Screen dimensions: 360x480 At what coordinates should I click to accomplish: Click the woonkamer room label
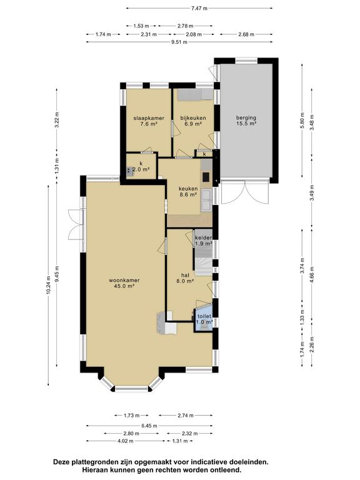[124, 280]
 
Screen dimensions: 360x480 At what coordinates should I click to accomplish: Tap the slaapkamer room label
[149, 118]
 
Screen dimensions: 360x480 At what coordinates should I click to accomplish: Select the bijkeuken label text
[193, 118]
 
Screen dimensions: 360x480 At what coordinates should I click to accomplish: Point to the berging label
[246, 117]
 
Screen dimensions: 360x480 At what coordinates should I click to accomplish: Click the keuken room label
[188, 189]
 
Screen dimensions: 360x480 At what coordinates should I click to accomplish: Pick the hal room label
[185, 275]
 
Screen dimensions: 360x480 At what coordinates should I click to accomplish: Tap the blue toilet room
[203, 319]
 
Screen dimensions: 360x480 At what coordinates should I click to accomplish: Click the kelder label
[204, 238]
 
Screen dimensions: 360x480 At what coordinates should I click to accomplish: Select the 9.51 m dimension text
[179, 42]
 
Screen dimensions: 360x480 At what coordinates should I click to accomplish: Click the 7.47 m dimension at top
[199, 8]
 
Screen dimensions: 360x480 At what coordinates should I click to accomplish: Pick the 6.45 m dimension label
[149, 426]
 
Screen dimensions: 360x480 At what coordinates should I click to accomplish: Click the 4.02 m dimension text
[125, 441]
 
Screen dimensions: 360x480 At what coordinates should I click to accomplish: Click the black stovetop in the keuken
[206, 177]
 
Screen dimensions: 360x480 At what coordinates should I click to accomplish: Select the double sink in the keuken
[206, 200]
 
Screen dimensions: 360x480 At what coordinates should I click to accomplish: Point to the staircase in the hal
[204, 262]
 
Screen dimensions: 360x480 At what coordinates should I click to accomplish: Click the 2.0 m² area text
[141, 169]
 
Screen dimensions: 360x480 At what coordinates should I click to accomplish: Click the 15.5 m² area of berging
[246, 124]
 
